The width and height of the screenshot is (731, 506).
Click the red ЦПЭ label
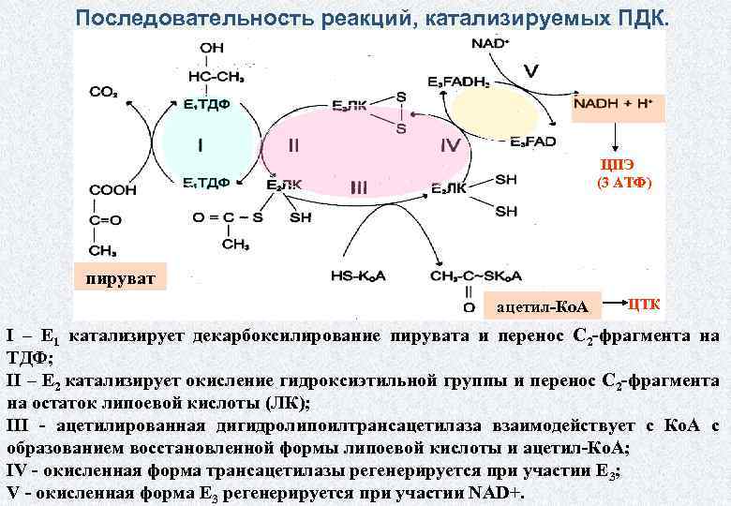coord(617,167)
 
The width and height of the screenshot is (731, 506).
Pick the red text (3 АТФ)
coord(624,183)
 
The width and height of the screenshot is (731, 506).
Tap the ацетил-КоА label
coord(542,306)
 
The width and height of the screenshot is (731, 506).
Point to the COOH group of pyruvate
coord(112,190)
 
